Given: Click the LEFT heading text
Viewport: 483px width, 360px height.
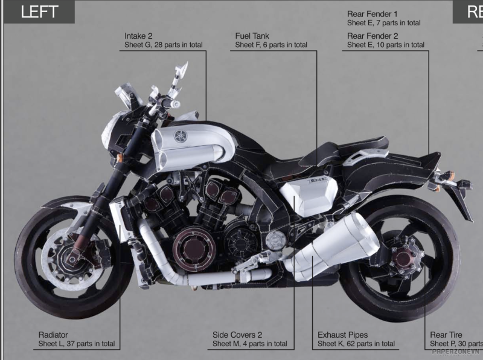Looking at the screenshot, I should (x=39, y=11).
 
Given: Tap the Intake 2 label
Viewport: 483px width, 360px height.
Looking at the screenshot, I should (x=138, y=36).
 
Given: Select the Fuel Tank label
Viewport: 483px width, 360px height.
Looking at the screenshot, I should (x=252, y=36).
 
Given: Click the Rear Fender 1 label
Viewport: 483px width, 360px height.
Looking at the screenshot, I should (x=373, y=14).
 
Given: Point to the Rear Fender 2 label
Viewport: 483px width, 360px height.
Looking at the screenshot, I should (x=373, y=36).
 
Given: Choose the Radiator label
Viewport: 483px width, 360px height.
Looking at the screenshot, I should (x=53, y=335).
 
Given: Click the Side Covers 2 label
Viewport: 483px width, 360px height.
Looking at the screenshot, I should (x=237, y=335).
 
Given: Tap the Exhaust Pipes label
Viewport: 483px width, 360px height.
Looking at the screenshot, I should (x=342, y=335).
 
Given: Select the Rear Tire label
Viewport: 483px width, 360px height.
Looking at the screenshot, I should (x=446, y=335).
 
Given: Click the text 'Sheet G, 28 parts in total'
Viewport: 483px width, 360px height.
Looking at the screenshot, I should (x=163, y=45).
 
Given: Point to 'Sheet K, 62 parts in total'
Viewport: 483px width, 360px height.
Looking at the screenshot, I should (x=356, y=344).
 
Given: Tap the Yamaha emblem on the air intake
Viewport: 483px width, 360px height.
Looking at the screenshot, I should (x=180, y=137).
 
